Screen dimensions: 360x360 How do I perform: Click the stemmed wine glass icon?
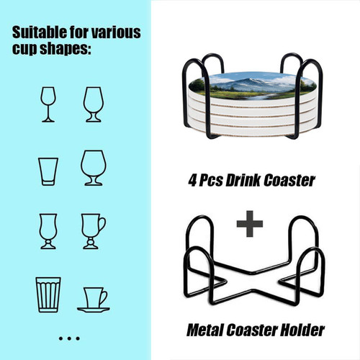pyautogui.click(x=48, y=104)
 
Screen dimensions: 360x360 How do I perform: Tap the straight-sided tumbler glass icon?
pyautogui.click(x=48, y=171)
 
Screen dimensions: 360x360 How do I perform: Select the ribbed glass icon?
pyautogui.click(x=48, y=294)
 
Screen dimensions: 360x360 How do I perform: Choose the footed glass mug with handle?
pyautogui.click(x=93, y=231)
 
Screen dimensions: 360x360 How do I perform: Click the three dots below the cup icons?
pyautogui.click(x=69, y=338)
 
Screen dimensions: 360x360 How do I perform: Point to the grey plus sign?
pyautogui.click(x=250, y=224)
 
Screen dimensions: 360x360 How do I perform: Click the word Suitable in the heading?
pyautogui.click(x=40, y=32)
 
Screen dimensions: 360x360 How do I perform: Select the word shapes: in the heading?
pyautogui.click(x=66, y=49)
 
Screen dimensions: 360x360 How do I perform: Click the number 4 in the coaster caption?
pyautogui.click(x=192, y=181)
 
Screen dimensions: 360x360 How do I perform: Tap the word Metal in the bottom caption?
pyautogui.click(x=205, y=330)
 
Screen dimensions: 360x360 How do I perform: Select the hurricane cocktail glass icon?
pyautogui.click(x=48, y=231)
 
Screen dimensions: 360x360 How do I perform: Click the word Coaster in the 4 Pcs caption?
pyautogui.click(x=289, y=181)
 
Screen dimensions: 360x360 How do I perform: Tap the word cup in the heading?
pyautogui.click(x=24, y=50)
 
